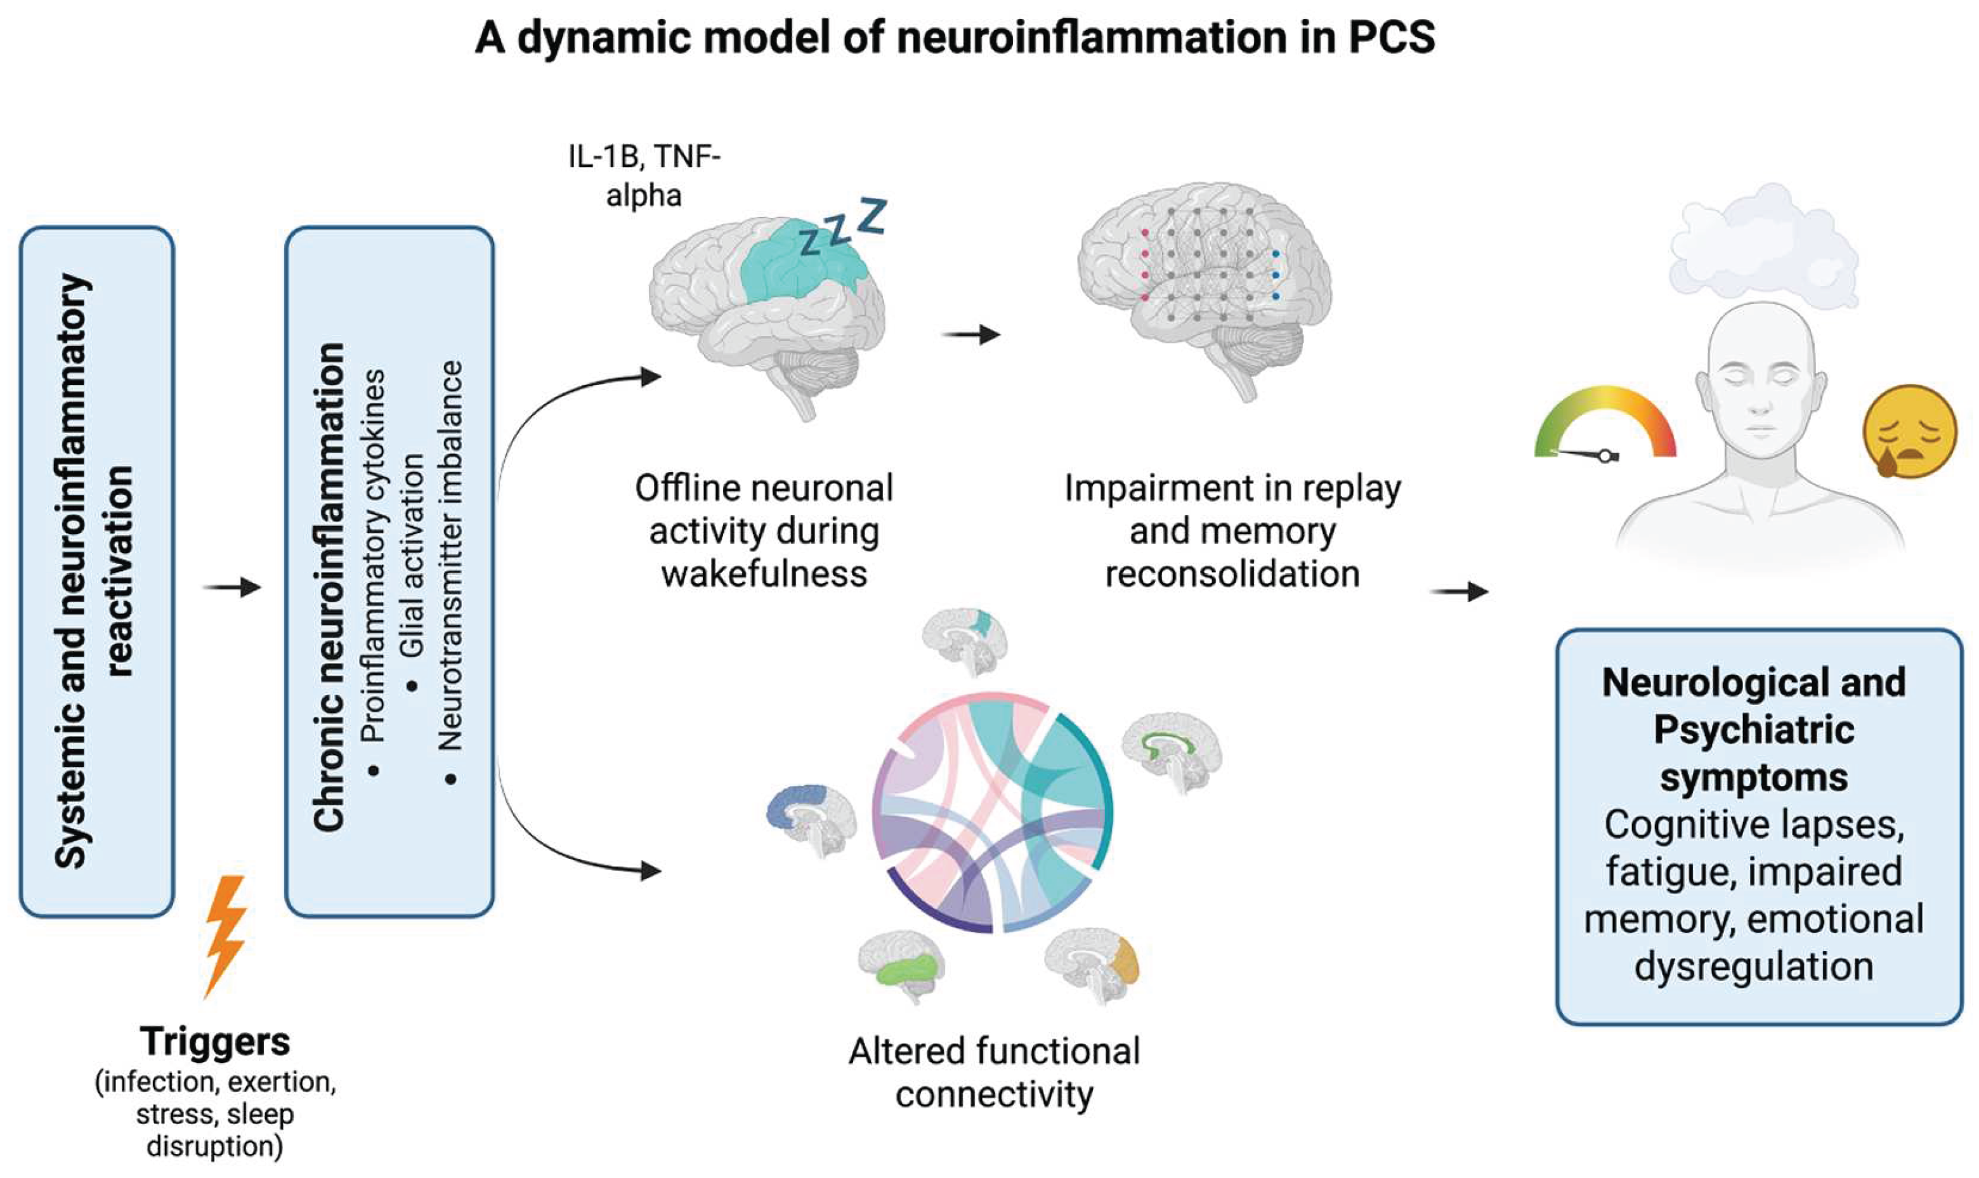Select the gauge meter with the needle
click(1605, 424)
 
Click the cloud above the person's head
click(1763, 246)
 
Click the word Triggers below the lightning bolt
click(215, 1041)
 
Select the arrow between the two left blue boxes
click(231, 587)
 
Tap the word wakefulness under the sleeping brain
click(764, 573)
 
